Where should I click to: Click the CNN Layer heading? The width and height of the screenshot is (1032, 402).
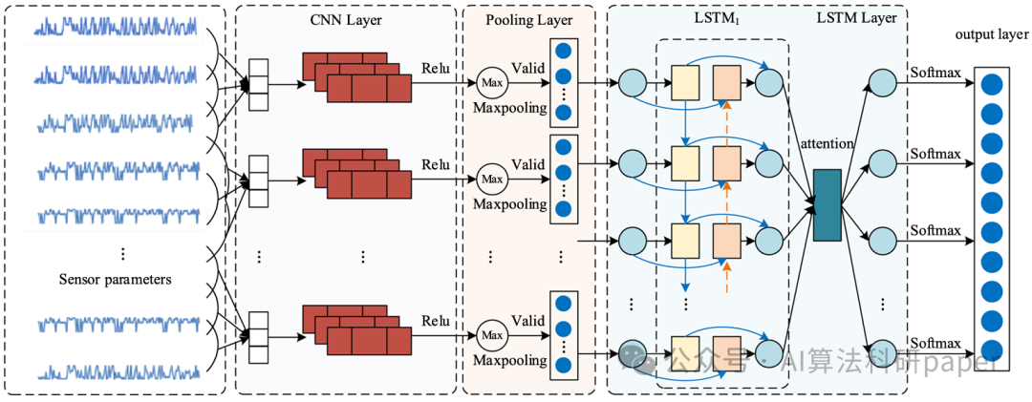click(347, 18)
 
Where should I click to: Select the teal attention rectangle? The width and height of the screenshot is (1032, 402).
click(826, 204)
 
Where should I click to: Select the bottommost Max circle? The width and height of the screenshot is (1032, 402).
click(492, 335)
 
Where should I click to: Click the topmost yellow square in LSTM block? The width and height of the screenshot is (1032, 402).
click(685, 81)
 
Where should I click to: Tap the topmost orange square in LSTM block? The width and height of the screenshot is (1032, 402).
click(726, 81)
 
